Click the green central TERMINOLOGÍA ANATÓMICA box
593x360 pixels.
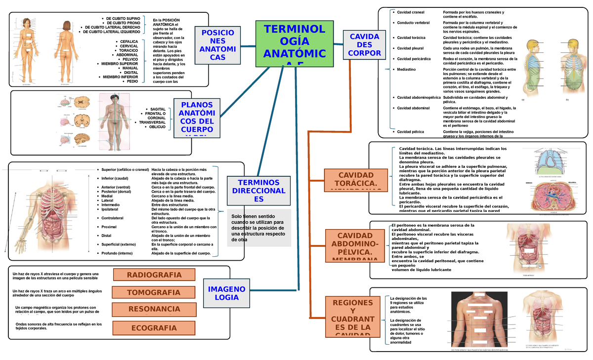pyautogui.click(x=295, y=43)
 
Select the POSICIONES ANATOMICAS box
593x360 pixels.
pyautogui.click(x=218, y=45)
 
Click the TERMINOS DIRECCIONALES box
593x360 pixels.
pyautogui.click(x=258, y=191)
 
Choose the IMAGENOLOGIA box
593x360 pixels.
pyautogui.click(x=226, y=293)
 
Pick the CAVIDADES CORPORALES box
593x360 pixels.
pyautogui.click(x=364, y=45)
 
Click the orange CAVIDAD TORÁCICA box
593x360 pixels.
pyautogui.click(x=356, y=180)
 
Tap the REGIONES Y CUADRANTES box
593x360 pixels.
pyautogui.click(x=353, y=318)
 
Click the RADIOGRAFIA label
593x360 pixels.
pyautogui.click(x=154, y=275)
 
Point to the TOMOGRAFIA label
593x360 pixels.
pyautogui.click(x=154, y=292)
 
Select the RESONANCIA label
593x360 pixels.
pyautogui.click(x=154, y=310)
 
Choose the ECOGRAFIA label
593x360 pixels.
pyautogui.click(x=154, y=327)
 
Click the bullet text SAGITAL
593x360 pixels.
pyautogui.click(x=158, y=109)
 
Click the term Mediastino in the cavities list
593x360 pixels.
pyautogui.click(x=406, y=70)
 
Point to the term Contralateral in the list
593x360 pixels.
pyautogui.click(x=113, y=218)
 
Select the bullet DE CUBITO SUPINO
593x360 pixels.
pyautogui.click(x=123, y=18)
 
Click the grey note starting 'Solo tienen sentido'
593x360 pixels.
pyautogui.click(x=259, y=228)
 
